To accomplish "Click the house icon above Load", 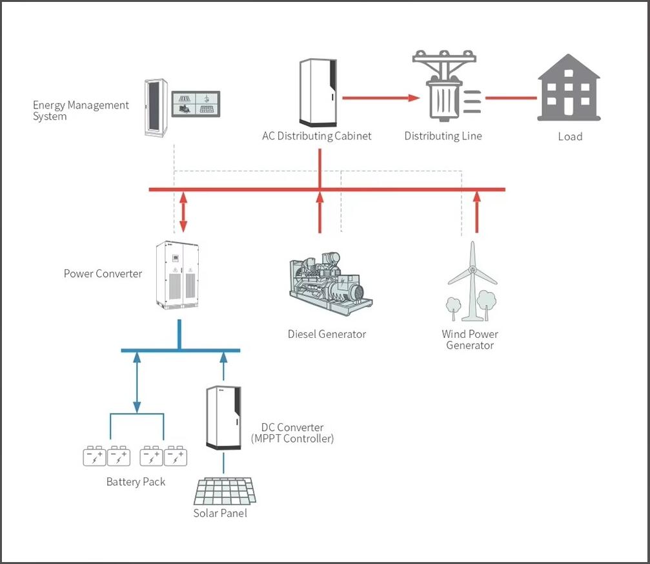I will tap(569, 88).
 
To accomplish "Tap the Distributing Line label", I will tap(443, 136).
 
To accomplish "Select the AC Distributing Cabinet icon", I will tap(317, 92).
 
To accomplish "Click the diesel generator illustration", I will tap(330, 284).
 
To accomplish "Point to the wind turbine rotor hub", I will tap(472, 270).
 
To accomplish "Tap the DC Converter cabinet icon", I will tap(223, 417).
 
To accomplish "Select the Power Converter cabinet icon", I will tap(178, 275).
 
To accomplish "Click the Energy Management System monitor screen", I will tap(196, 103).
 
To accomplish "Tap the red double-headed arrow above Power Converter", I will tap(183, 211).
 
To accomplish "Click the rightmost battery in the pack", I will tap(176, 457).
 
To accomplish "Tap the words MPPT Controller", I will tap(292, 439).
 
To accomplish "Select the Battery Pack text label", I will tap(136, 482).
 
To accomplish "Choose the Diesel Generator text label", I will tap(327, 335).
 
